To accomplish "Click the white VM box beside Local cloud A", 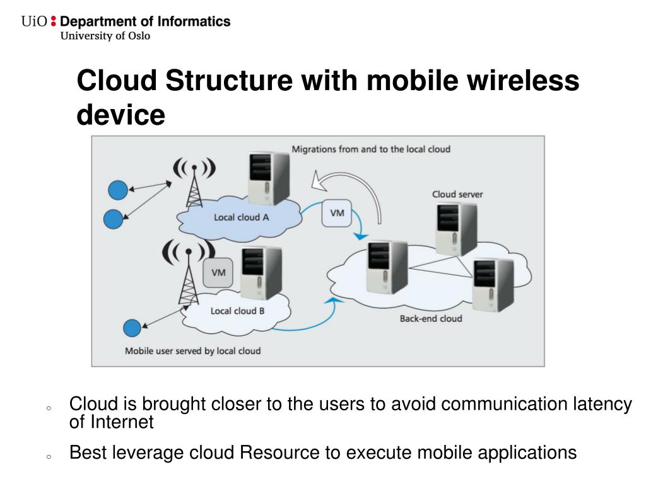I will tap(338, 213).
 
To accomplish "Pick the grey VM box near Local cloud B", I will tap(218, 272).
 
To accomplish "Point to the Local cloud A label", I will tap(241, 217).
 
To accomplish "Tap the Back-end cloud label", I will tap(430, 318).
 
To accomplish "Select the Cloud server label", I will tap(457, 194).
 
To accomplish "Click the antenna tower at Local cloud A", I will tap(194, 183).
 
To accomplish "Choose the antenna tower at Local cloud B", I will tap(187, 277).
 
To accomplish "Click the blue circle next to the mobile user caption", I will tap(132, 328).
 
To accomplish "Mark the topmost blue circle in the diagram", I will tap(118, 188).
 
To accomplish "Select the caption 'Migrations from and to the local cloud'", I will tap(370, 149).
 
